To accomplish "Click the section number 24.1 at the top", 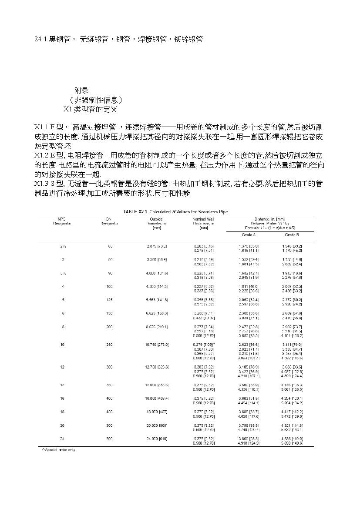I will tap(40, 40).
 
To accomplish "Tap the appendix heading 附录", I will tap(81, 90).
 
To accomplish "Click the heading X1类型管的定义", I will tap(90, 109).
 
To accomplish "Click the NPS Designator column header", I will tap(62, 221).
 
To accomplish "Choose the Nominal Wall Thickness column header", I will tap(204, 223).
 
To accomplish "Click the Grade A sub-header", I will tap(248, 235).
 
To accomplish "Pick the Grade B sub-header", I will tap(292, 235).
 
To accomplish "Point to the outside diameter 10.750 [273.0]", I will tap(157, 345).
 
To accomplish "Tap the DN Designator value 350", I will tap(109, 385).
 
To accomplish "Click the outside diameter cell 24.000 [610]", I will tap(157, 439).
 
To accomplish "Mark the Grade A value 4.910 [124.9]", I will tap(248, 443).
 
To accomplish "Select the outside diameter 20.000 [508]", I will tap(157, 425).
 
